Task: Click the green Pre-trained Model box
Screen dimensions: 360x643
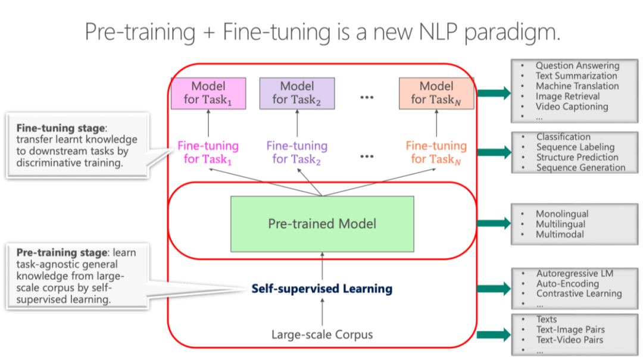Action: (x=322, y=224)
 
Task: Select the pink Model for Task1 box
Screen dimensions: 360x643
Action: (x=208, y=93)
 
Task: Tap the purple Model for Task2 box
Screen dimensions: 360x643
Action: (x=296, y=93)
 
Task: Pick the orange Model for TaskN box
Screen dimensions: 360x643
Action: (x=436, y=93)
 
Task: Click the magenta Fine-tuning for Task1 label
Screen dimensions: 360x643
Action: (x=208, y=152)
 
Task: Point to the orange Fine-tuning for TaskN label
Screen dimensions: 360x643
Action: (x=436, y=152)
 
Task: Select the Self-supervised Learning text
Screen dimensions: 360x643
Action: (x=321, y=289)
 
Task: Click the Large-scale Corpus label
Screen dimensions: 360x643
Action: (x=322, y=334)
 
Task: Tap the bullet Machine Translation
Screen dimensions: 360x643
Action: (x=577, y=86)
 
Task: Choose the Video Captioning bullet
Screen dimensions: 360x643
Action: (x=572, y=107)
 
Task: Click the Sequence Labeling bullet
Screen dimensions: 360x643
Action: (x=575, y=147)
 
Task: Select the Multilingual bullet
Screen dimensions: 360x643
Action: (x=560, y=224)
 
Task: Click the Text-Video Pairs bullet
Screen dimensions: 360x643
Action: (x=569, y=340)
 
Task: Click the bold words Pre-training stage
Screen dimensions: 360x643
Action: (x=63, y=252)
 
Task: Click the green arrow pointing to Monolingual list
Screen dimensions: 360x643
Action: (x=494, y=223)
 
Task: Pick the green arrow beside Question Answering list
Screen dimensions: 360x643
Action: (x=494, y=92)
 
